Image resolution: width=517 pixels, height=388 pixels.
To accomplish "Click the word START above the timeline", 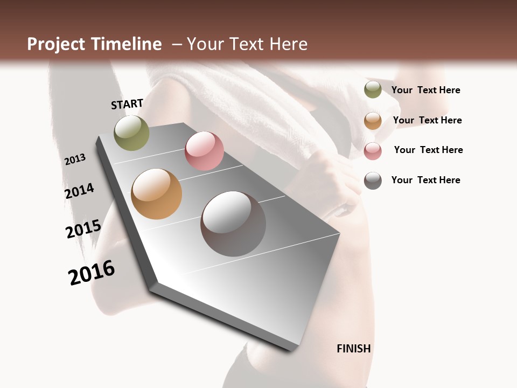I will coord(127,104).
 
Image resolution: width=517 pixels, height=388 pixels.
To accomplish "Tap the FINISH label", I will coord(354,349).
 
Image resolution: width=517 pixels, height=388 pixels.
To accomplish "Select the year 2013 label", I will coord(75,160).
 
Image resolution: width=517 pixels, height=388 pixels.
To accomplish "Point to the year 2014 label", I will coord(79,191).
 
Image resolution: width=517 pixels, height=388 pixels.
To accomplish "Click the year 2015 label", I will coord(83,229).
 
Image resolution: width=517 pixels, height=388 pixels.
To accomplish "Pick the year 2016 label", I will coord(92,273).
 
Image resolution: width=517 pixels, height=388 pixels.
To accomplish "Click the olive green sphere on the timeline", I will coord(131,133).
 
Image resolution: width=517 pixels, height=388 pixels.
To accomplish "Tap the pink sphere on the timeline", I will coord(204,151).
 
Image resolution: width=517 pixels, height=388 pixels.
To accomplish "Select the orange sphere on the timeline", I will coord(156,194).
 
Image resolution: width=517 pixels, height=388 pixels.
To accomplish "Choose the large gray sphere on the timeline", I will coord(233,224).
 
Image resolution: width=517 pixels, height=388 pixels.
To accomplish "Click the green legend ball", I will coord(373,90).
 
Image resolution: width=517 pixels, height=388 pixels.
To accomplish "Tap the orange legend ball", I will coord(373,121).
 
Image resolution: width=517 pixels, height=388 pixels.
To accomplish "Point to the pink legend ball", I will coord(373,151).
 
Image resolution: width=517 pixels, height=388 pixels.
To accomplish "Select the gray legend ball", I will coord(373,181).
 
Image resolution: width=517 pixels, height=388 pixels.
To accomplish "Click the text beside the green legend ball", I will coord(425,90).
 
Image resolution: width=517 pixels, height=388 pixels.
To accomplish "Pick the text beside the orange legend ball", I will coord(427,120).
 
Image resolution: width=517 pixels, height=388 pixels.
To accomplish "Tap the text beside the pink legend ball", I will coord(428,150).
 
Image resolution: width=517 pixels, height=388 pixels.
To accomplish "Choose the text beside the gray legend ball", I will coord(425,180).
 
